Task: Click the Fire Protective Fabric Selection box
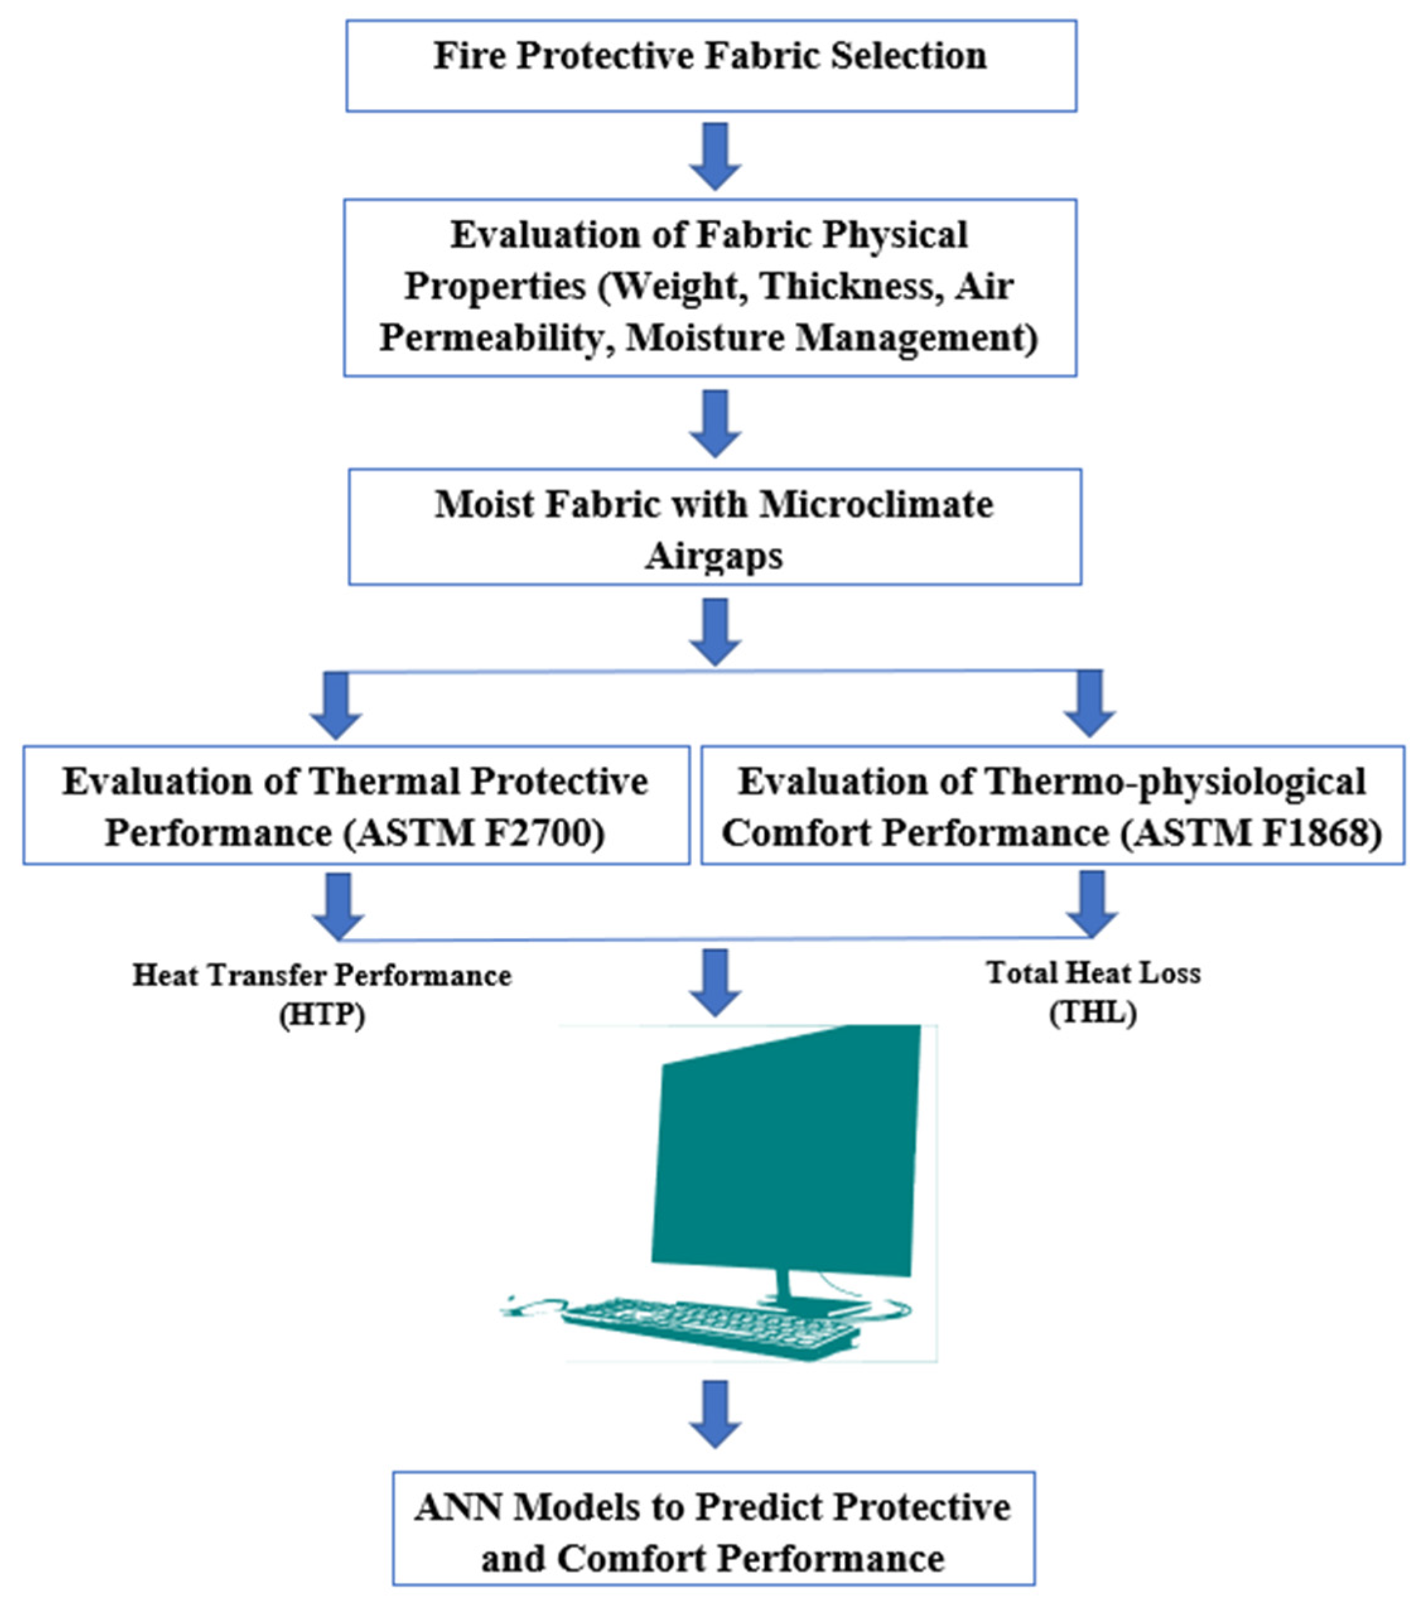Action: pos(711,66)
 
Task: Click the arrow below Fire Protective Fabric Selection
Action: pos(714,156)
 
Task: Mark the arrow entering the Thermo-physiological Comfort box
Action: pos(1090,704)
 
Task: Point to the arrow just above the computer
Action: pos(714,983)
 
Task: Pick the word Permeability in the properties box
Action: pos(497,338)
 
